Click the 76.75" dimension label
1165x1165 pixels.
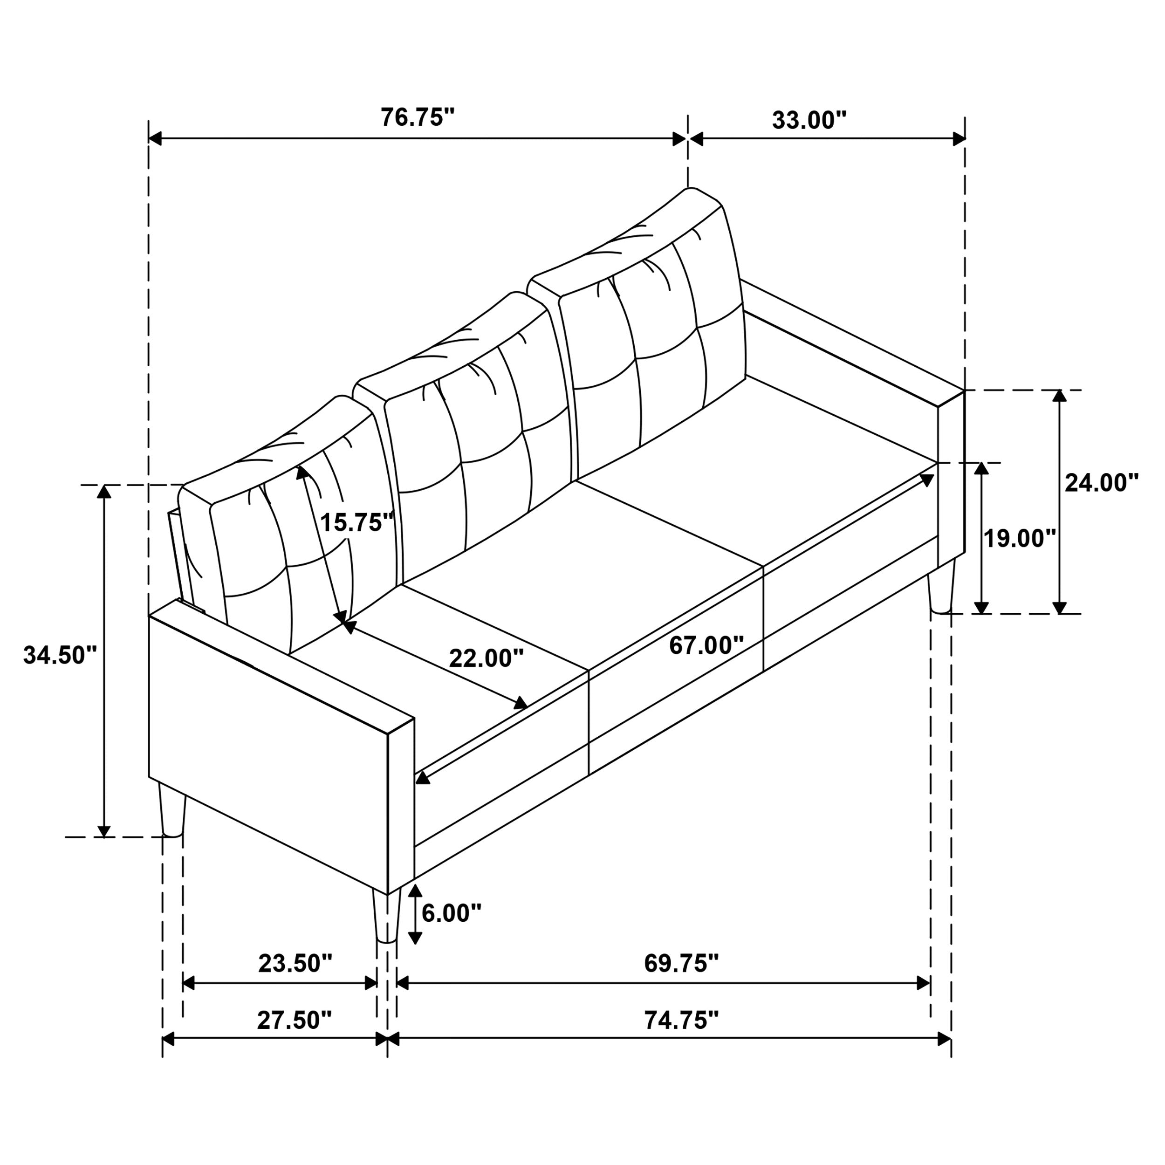[x=417, y=117]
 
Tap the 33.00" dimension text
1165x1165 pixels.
[x=809, y=121]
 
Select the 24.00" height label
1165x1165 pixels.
[x=1101, y=483]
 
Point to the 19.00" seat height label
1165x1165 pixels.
[x=1020, y=539]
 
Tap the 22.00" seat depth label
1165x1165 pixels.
[x=486, y=658]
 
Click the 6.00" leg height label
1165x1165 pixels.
[x=451, y=913]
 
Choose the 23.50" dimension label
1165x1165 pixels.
[x=295, y=964]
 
